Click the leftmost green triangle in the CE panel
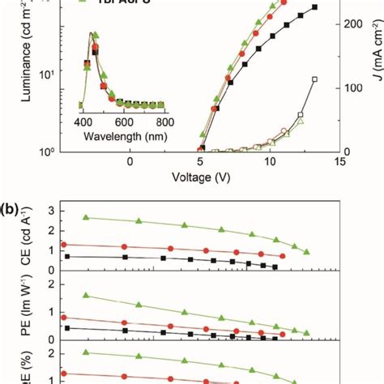pyautogui.click(x=86, y=217)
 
